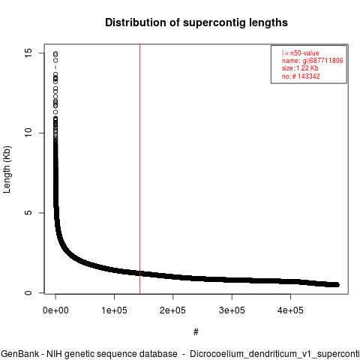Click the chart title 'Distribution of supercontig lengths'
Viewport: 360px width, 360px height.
pos(196,22)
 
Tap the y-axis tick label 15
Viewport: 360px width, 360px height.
pos(28,52)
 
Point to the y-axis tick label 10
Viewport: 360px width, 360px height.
pos(28,133)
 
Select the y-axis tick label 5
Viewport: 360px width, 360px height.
pos(28,213)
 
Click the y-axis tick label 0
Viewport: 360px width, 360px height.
pos(28,292)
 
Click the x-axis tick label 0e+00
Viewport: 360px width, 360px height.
pos(55,310)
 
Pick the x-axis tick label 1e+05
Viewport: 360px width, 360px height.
pos(114,310)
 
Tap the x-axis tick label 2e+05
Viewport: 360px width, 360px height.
pos(172,310)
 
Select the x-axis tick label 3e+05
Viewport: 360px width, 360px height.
pos(232,310)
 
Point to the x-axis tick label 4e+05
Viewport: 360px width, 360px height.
pos(290,310)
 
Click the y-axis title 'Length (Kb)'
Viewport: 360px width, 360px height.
pos(7,169)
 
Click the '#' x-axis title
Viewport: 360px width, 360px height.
pos(196,332)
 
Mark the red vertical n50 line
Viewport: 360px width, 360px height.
pos(139,169)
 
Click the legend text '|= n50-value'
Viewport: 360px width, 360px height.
pos(300,53)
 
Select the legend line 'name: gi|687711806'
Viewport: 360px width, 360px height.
pos(313,61)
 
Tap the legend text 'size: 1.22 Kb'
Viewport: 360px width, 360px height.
pos(300,68)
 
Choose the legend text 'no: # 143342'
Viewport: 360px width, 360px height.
pos(301,76)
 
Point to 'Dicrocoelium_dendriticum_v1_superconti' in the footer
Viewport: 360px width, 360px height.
pos(274,354)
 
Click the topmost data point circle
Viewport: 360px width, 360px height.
pos(55,53)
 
